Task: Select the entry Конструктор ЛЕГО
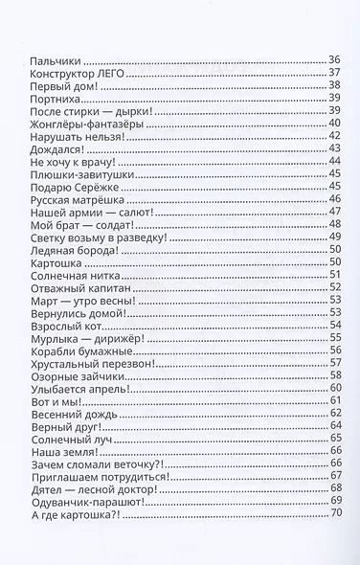pyautogui.click(x=71, y=73)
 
